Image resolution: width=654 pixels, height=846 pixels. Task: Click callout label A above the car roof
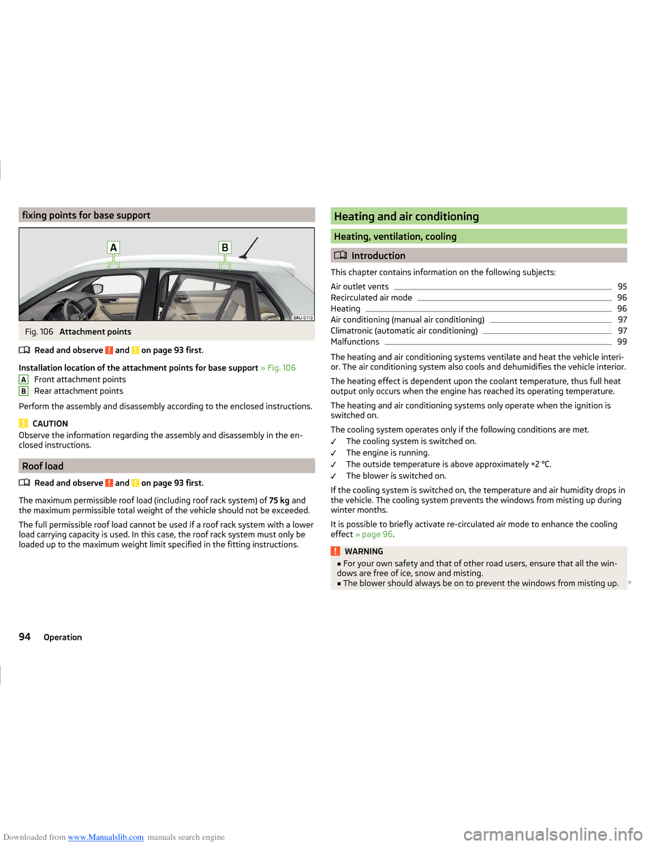click(114, 248)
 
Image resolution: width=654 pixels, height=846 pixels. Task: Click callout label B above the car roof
click(225, 248)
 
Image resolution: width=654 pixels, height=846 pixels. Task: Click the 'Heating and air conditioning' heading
click(406, 217)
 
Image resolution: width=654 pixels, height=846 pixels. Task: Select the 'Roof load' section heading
click(43, 466)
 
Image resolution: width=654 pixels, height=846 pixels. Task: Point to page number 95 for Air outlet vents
click(622, 287)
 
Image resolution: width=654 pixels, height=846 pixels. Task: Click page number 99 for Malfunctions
click(622, 342)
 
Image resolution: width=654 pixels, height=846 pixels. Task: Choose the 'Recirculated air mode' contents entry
click(371, 298)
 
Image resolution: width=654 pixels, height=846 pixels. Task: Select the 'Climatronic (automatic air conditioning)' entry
click(404, 331)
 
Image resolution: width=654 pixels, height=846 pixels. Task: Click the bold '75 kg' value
click(279, 501)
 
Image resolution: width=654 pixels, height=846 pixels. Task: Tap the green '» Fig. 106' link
click(278, 368)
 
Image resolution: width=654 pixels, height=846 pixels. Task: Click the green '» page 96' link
click(374, 535)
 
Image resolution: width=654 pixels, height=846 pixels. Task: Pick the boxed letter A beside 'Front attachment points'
click(24, 380)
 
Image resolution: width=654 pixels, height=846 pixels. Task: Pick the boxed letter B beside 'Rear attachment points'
click(24, 392)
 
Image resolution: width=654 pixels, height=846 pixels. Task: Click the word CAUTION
click(50, 424)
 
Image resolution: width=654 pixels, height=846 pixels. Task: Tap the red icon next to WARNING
click(335, 552)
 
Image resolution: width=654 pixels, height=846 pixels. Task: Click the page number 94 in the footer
click(25, 637)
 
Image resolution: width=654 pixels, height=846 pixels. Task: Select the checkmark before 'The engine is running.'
click(334, 454)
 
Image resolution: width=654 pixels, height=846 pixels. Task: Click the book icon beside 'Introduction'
click(340, 255)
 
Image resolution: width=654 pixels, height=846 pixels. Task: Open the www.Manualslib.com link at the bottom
click(106, 837)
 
